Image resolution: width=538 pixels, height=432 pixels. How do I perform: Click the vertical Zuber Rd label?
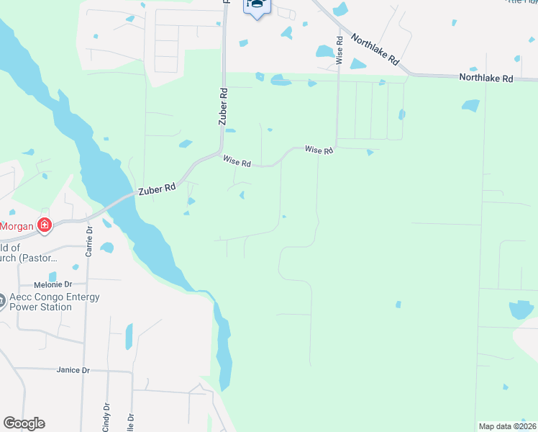pyautogui.click(x=223, y=107)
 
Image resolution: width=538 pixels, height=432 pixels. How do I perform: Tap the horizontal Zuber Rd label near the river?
pyautogui.click(x=158, y=188)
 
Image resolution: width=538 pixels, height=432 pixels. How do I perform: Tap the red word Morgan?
pyautogui.click(x=16, y=225)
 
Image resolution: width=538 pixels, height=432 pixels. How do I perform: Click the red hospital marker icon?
pyautogui.click(x=45, y=225)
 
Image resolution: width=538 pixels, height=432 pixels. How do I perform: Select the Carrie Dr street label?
pyautogui.click(x=89, y=242)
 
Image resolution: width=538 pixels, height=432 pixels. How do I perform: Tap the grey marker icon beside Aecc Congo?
pyautogui.click(x=2, y=301)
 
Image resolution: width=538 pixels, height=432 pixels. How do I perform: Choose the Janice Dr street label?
pyautogui.click(x=73, y=370)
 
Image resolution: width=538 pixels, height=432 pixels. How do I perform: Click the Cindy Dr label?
pyautogui.click(x=106, y=416)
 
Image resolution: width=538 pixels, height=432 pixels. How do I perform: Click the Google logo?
pyautogui.click(x=24, y=423)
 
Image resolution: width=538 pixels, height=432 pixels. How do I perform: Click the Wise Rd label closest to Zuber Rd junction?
pyautogui.click(x=237, y=163)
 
